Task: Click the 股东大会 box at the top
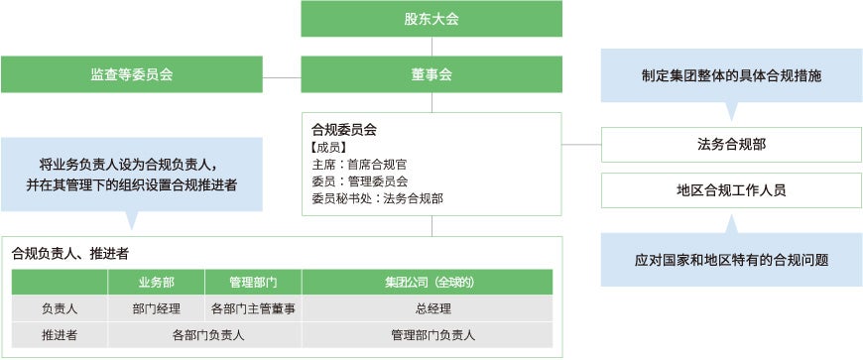click(431, 19)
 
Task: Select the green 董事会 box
click(431, 74)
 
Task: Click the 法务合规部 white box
click(731, 145)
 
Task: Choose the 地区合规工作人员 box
click(731, 190)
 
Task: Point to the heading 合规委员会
click(344, 129)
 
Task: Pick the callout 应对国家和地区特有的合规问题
click(731, 260)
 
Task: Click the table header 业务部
click(157, 282)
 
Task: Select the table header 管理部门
click(253, 282)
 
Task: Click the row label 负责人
click(60, 308)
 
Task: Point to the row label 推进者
click(60, 335)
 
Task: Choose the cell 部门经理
click(157, 308)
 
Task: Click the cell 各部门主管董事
click(253, 308)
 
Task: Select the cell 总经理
click(433, 308)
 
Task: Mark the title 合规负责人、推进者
click(71, 253)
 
